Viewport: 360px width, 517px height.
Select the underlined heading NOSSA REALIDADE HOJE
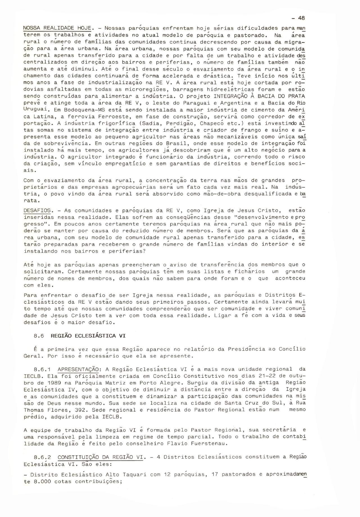57,28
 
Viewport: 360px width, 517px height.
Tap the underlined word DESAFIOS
37,210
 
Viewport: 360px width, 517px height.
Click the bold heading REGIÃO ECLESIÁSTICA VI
88,336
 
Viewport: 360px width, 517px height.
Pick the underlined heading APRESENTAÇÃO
78,369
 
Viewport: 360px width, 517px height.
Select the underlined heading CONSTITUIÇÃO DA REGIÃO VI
100,457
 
